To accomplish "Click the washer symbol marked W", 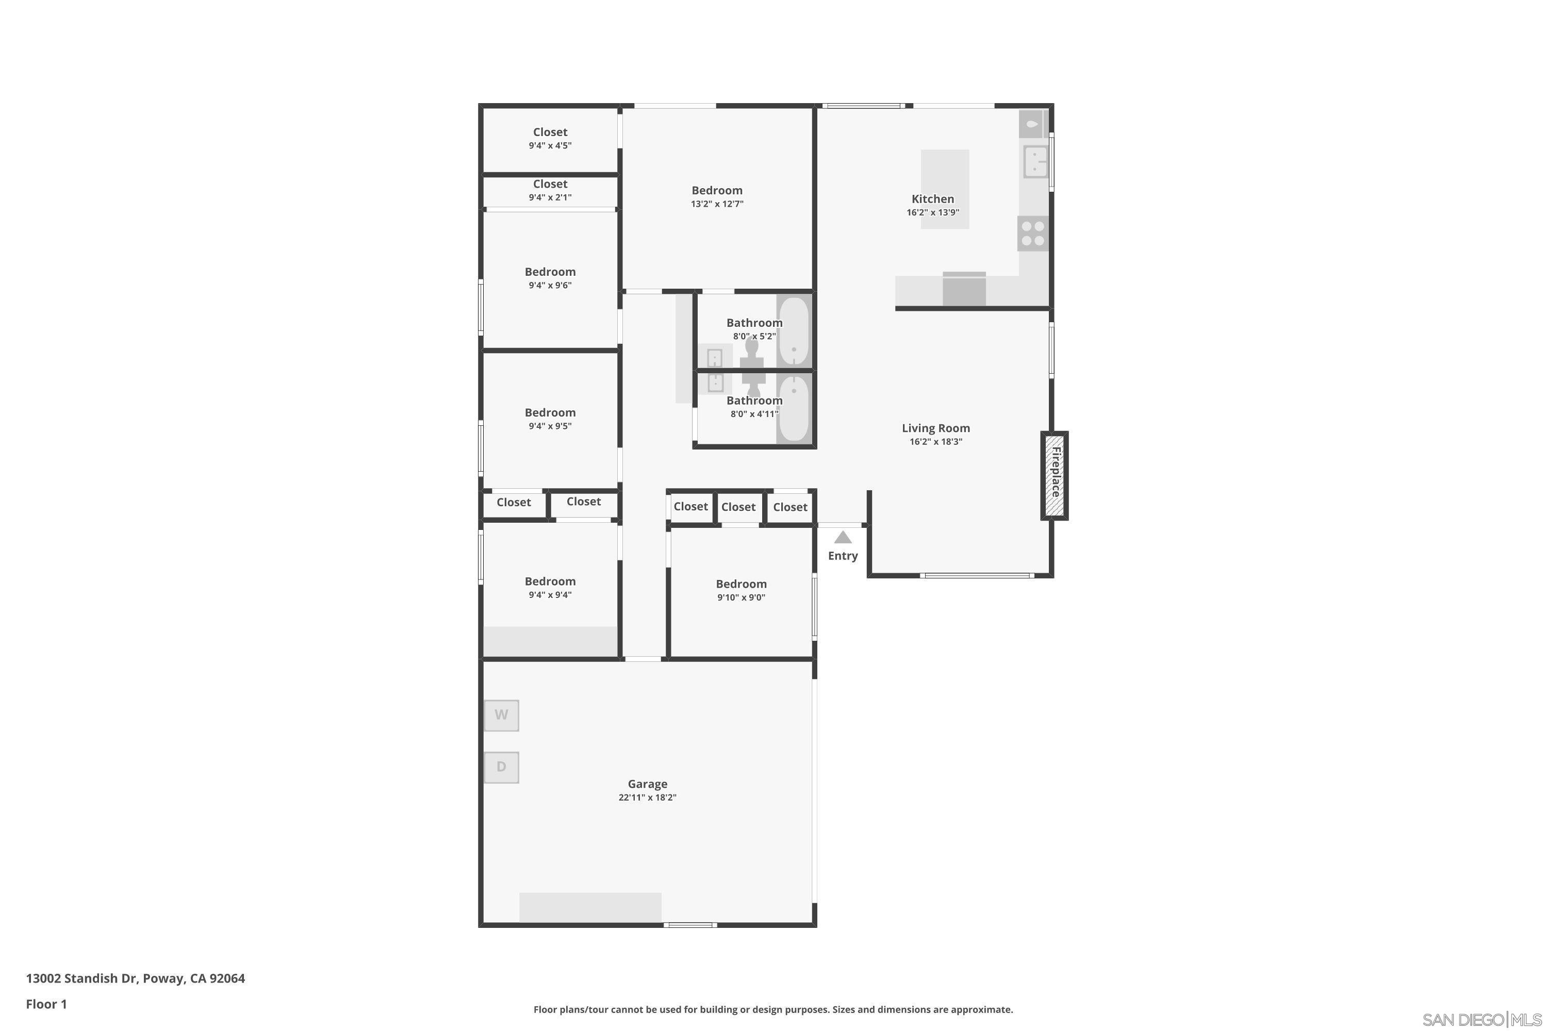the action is [501, 716].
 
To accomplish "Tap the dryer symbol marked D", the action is [501, 768].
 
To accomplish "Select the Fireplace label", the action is [1056, 472].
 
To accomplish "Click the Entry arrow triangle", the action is [843, 537].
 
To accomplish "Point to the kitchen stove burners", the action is [1033, 234].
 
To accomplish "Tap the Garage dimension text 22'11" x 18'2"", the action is [647, 797].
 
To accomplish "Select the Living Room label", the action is [935, 428].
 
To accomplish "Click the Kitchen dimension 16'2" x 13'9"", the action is [933, 212].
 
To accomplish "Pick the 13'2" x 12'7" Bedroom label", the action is [717, 191].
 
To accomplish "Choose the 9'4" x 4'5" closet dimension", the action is [550, 145].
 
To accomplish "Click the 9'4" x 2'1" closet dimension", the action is [550, 197].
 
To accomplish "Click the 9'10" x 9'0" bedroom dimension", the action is [742, 597].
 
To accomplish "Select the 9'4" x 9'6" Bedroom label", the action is [550, 272].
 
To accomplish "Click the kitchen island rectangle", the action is [945, 189].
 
